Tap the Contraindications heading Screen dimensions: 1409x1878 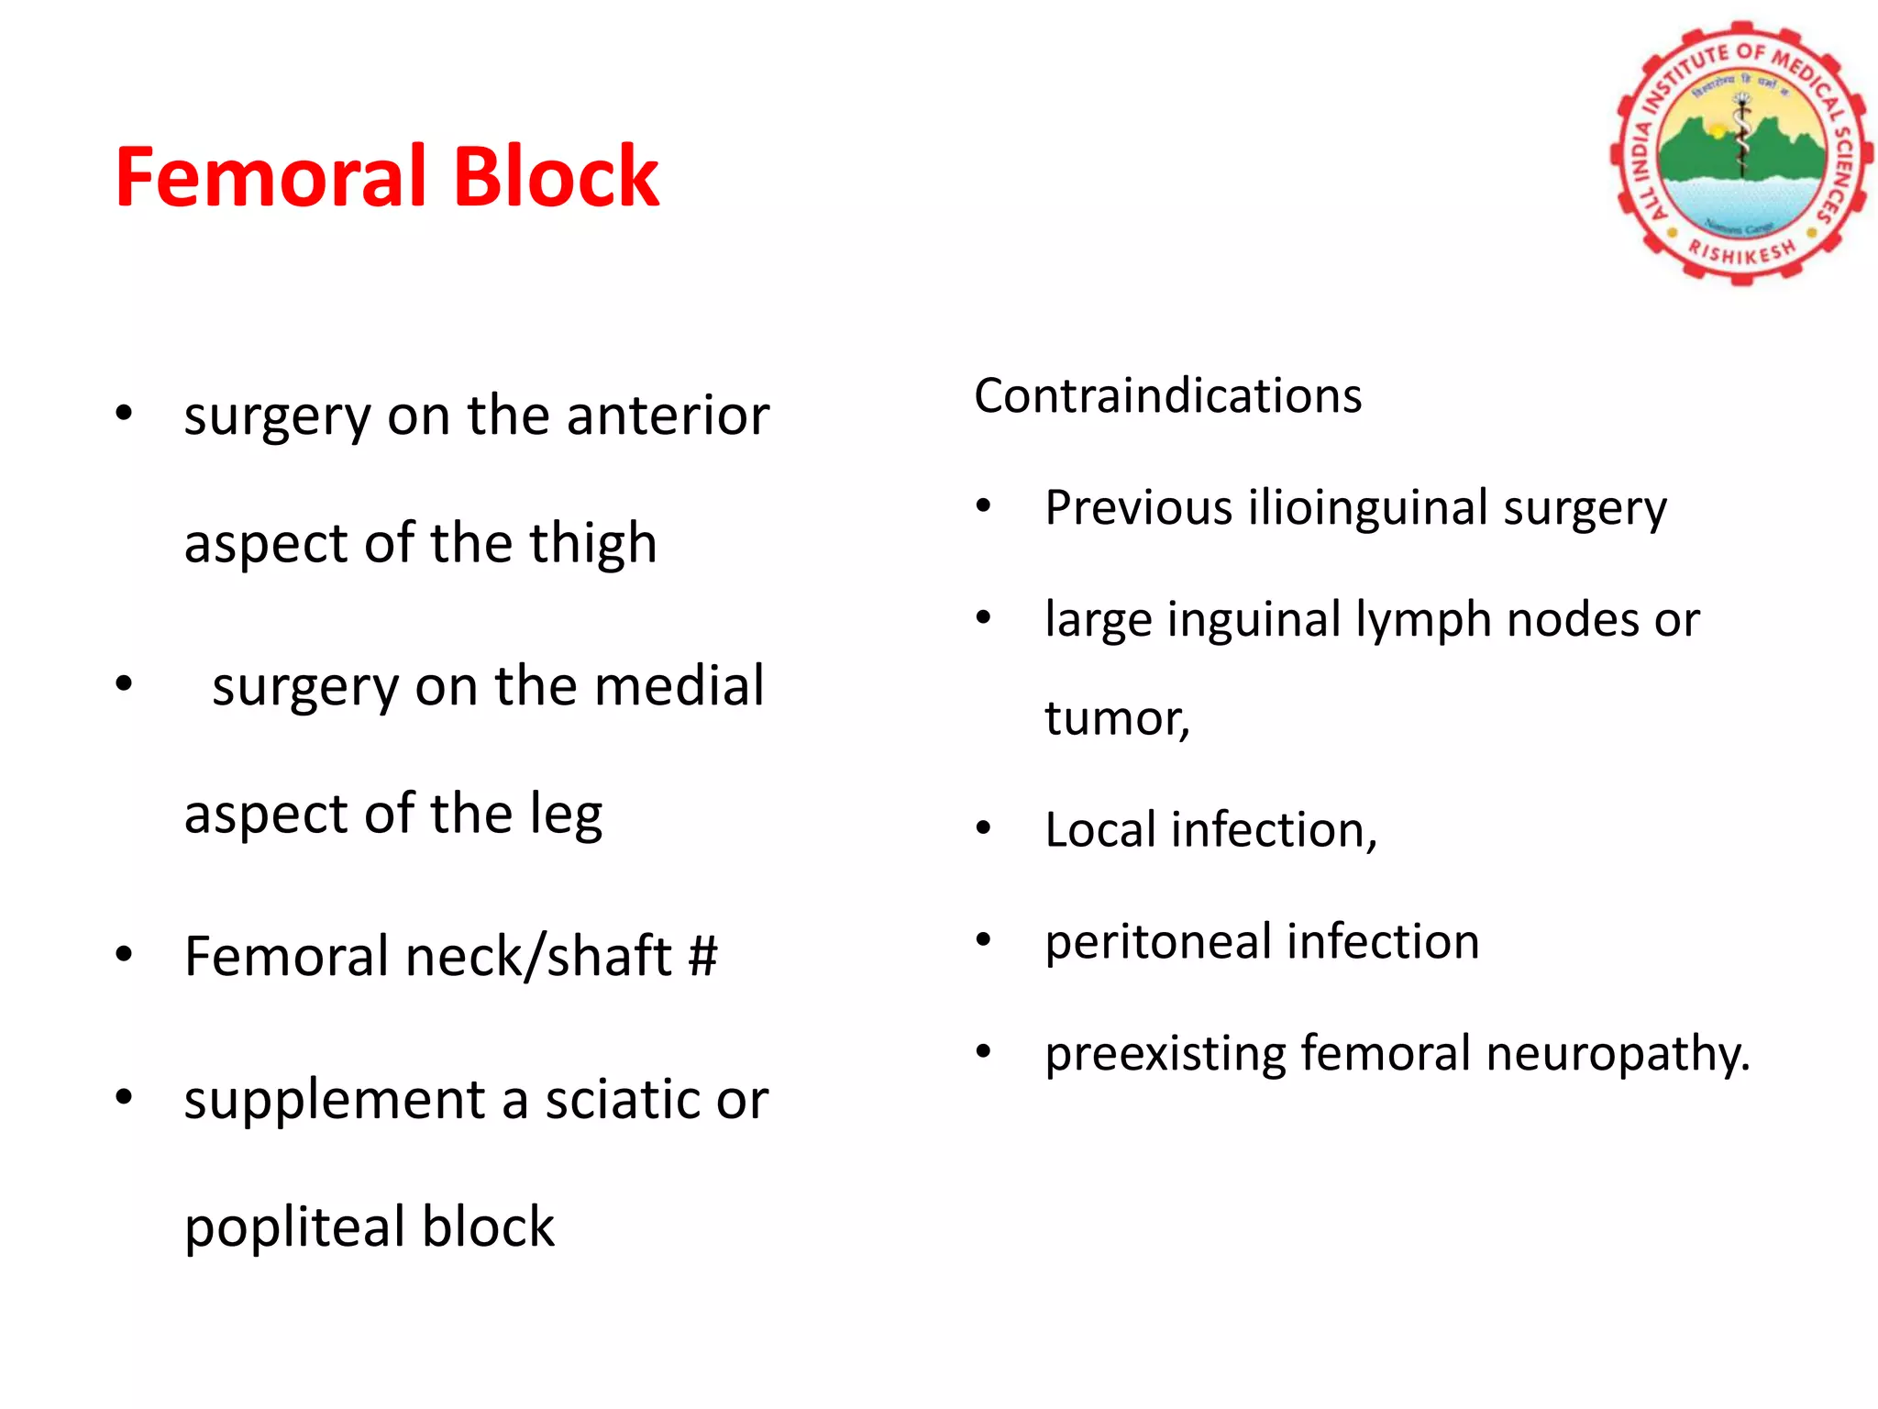[x=1167, y=396]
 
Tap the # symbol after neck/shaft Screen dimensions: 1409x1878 [x=702, y=956]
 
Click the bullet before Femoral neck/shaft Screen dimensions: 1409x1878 [x=124, y=955]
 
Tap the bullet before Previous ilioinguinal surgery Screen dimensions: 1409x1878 [x=983, y=506]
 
